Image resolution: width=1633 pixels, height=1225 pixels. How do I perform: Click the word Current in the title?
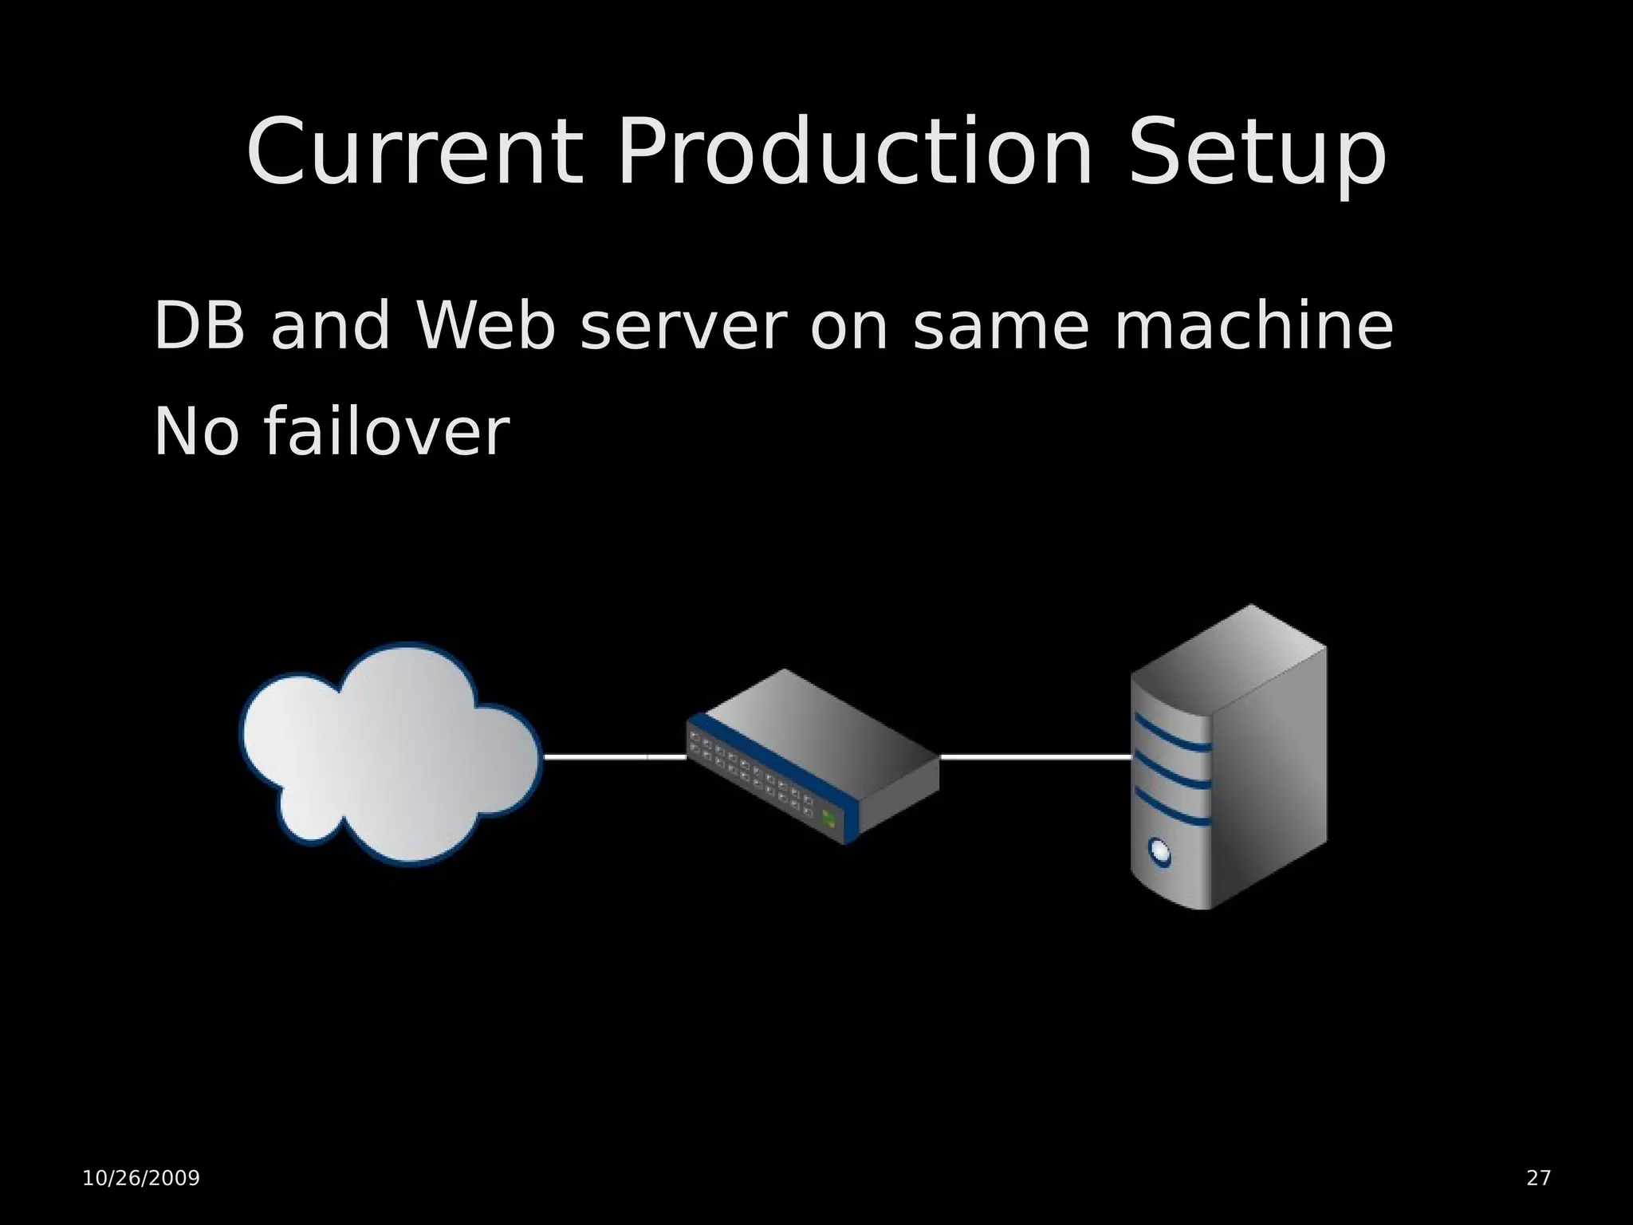click(414, 153)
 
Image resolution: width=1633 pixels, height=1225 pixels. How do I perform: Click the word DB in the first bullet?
click(199, 326)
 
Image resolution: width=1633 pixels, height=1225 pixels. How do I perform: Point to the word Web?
click(484, 326)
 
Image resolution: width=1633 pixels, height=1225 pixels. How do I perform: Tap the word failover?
click(386, 432)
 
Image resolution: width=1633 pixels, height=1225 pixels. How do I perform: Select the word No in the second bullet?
click(196, 432)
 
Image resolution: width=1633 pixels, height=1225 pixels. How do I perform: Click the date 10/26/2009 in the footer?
click(141, 1178)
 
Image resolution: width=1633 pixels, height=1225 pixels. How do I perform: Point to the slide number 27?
click(1538, 1178)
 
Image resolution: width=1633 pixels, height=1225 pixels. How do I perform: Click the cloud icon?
click(391, 753)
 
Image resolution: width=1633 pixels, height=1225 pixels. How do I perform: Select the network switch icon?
click(813, 756)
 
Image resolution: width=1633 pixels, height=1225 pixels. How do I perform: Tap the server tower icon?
click(1228, 757)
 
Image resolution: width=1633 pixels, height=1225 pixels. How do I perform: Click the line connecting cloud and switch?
click(614, 756)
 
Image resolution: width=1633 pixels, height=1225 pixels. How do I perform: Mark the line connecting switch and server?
click(1035, 756)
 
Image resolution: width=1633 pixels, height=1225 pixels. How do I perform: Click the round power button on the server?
click(1160, 852)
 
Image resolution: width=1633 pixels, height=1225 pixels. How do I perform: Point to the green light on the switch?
click(829, 818)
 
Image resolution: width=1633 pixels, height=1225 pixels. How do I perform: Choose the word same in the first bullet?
click(1000, 328)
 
